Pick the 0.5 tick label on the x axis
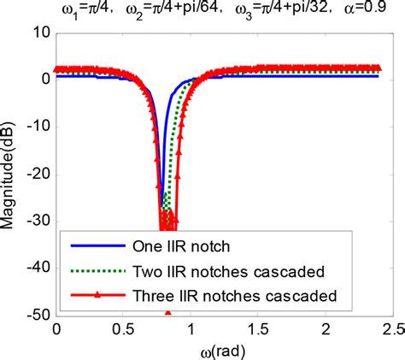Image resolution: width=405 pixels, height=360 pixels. [123, 329]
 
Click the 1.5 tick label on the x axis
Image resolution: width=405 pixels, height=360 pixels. [258, 329]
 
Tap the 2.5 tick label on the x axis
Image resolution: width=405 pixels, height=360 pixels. [391, 329]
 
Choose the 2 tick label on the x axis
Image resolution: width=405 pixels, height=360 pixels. [326, 329]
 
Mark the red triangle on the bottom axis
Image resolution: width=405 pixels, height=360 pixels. [167, 313]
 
